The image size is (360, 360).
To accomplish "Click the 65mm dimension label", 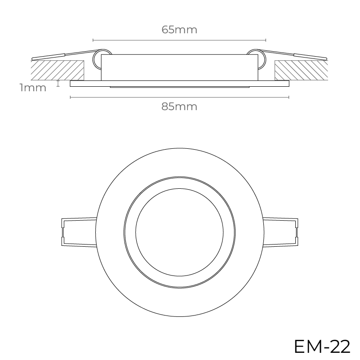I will (179, 30).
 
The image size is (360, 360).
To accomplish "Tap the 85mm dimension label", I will (179, 107).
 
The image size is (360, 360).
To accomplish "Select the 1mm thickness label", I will (32, 88).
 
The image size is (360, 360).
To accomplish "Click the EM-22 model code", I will (321, 347).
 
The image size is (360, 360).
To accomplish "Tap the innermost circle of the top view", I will (179, 232).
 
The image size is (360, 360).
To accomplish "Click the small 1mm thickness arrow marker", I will (58, 83).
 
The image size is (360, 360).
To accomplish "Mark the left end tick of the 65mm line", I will (93, 40).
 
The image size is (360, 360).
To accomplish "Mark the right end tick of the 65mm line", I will (266, 40).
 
